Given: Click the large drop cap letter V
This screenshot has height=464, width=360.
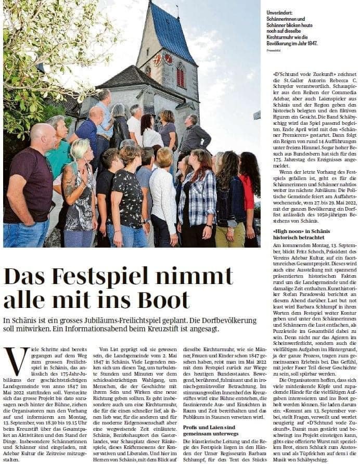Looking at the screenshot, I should tap(16, 360).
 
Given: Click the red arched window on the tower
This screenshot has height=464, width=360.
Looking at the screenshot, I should tap(181, 76).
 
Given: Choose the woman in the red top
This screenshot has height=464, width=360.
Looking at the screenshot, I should tap(249, 192).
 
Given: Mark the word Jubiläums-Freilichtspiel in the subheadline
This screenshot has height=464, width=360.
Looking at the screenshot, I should tap(159, 320).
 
